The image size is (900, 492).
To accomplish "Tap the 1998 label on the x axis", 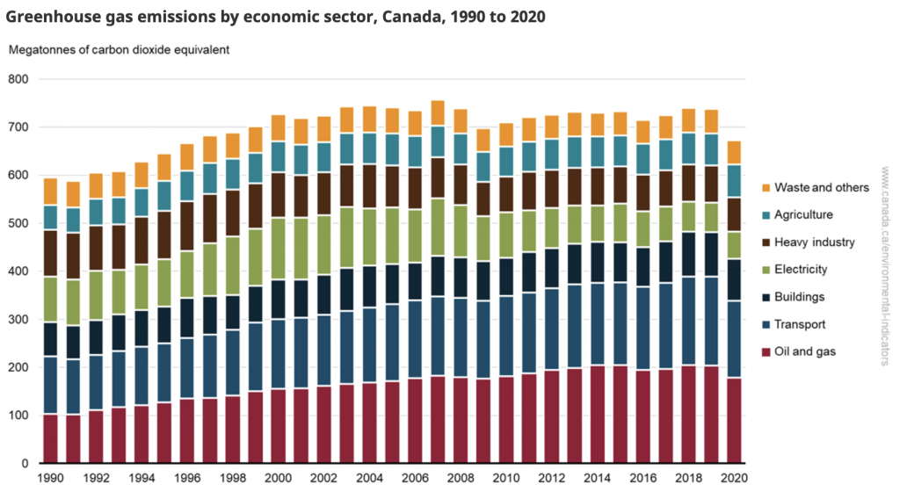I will pyautogui.click(x=232, y=480).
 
